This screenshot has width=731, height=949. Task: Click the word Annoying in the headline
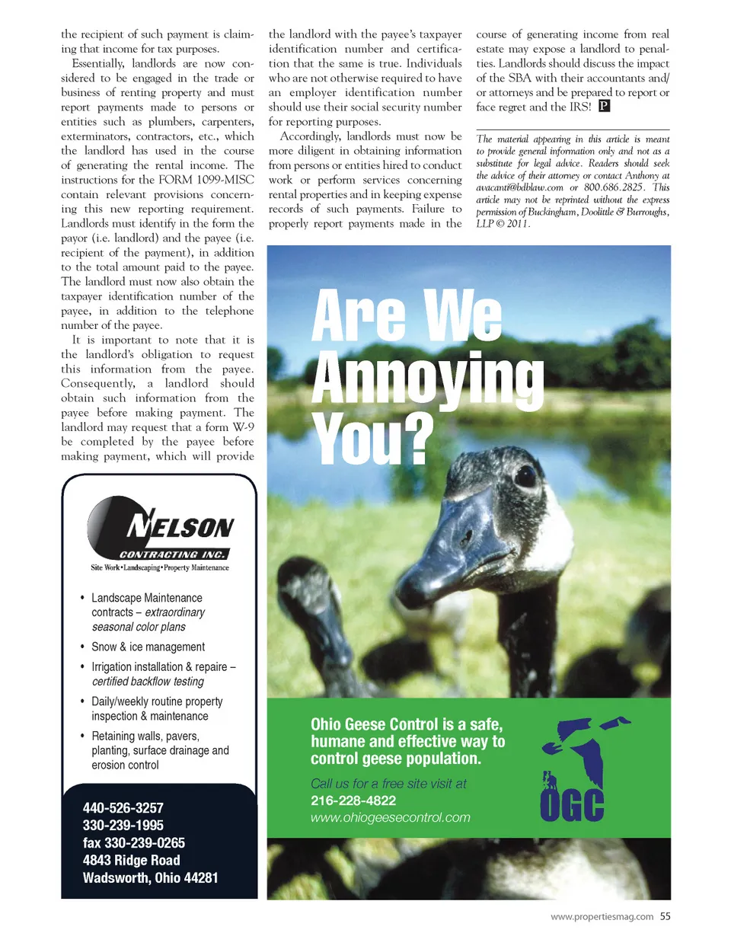[x=427, y=377]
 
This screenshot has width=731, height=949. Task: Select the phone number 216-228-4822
[x=353, y=800]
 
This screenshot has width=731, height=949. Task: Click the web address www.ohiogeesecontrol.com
[x=390, y=818]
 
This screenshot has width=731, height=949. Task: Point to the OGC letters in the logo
[x=572, y=805]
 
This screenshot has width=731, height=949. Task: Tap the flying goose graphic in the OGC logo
[x=586, y=747]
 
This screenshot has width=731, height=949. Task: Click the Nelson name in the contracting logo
[x=181, y=527]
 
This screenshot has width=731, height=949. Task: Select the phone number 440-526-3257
[x=123, y=808]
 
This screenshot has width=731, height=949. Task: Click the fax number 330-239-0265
[x=134, y=843]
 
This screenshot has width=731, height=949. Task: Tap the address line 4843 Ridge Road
[x=132, y=861]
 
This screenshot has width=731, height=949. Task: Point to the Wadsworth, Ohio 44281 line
[x=151, y=878]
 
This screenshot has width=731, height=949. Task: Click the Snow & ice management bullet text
[x=148, y=647]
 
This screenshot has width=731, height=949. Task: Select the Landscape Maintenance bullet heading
[x=147, y=598]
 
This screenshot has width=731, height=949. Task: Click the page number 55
[x=666, y=917]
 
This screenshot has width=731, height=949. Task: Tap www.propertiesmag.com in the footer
[x=602, y=917]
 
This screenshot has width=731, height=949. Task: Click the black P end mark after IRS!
[x=604, y=107]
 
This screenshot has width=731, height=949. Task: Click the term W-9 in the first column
[x=244, y=427]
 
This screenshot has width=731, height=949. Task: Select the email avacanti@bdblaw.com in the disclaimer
[x=519, y=187]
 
